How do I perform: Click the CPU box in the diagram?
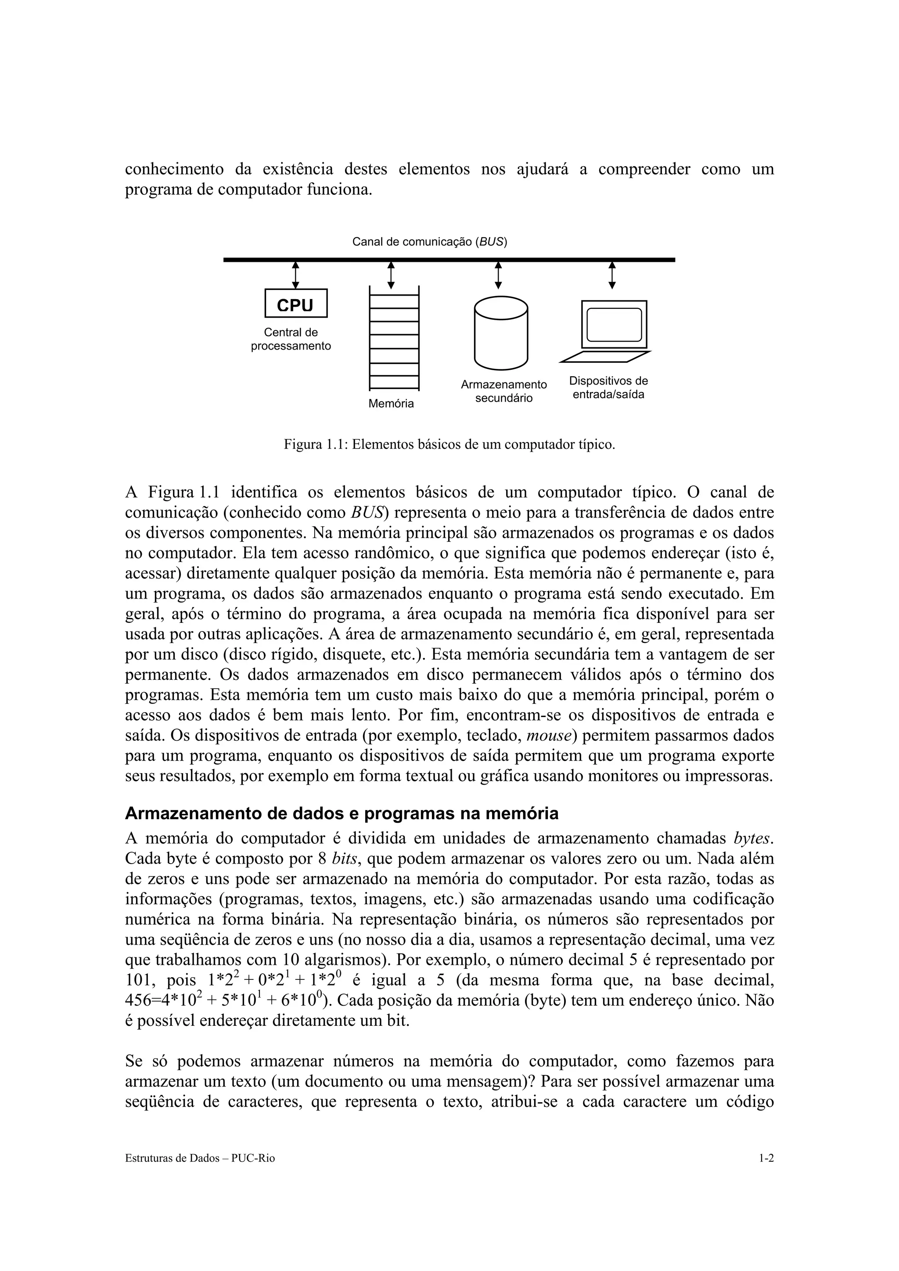coord(296,303)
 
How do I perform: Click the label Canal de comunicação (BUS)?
coord(429,242)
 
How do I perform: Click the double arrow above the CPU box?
coord(295,275)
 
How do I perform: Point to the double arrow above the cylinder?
coord(498,275)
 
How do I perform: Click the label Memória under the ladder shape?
coord(391,403)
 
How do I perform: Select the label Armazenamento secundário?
coord(503,391)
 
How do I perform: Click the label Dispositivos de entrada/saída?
coord(608,388)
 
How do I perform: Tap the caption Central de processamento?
coord(291,339)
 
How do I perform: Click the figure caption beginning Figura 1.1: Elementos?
coord(449,445)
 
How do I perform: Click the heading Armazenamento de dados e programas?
coord(342,814)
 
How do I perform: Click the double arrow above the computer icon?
coord(611,275)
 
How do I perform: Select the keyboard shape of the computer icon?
coord(605,357)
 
